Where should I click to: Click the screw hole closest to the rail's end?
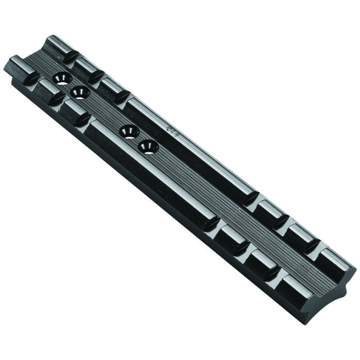pos(62,78)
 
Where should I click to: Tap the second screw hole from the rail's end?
pos(80,93)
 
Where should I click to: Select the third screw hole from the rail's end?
pos(129,132)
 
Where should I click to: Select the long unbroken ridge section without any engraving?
pos(149,175)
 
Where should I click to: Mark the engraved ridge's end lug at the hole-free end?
pos(337,260)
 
